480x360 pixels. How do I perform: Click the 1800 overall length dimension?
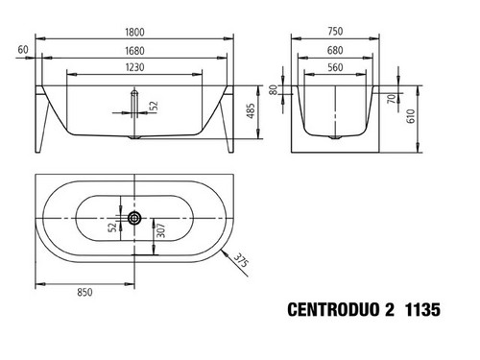(x=134, y=32)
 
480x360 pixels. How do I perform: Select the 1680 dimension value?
(x=134, y=51)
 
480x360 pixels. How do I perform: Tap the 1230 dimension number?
(x=134, y=67)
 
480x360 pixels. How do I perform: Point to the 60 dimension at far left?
(x=23, y=50)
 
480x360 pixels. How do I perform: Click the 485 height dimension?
(x=252, y=110)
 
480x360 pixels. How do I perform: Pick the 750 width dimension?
(x=335, y=32)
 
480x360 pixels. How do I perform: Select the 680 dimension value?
(x=335, y=50)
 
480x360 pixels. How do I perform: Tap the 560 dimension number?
(x=335, y=67)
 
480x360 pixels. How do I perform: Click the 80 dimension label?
(x=273, y=89)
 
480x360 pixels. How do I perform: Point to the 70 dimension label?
(x=391, y=99)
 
